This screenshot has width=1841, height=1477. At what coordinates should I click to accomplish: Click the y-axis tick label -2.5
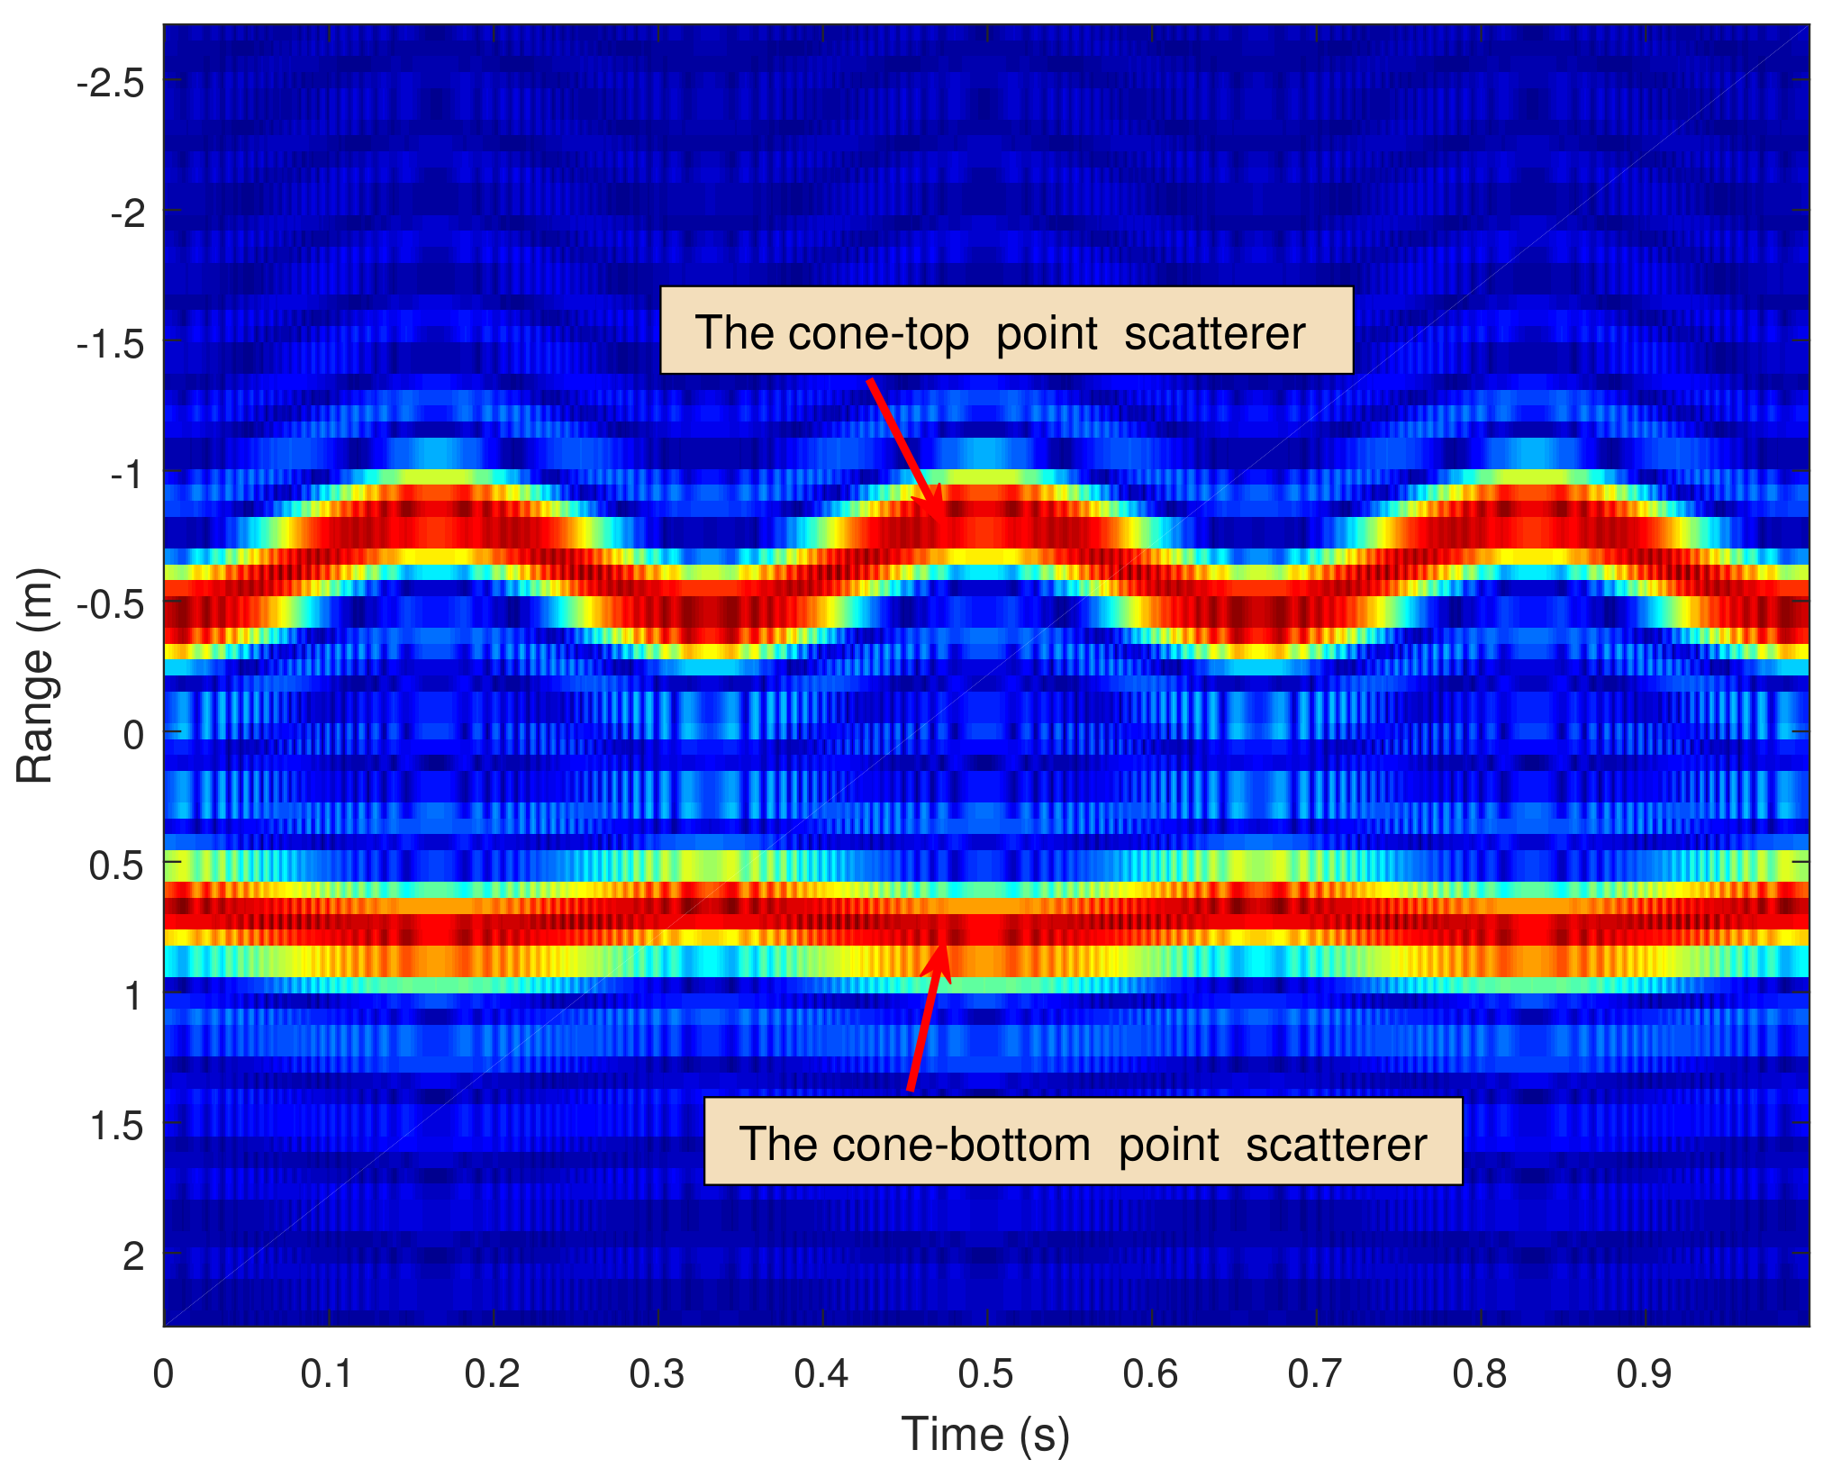point(110,84)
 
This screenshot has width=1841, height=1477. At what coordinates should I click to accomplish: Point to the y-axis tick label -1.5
point(110,344)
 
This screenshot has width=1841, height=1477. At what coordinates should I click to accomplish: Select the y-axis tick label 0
point(133,736)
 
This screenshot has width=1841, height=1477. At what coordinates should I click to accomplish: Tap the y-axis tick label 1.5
point(116,1126)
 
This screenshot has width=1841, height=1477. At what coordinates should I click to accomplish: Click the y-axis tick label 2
point(133,1255)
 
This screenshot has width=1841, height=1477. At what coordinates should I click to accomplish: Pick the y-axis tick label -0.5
point(110,605)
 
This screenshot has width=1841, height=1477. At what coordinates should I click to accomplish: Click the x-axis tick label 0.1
point(328,1374)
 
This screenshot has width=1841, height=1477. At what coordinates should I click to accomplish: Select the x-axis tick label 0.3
point(657,1374)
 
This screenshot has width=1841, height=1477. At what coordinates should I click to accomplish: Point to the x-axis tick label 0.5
point(986,1374)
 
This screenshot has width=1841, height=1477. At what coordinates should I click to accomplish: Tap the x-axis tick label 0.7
point(1315,1374)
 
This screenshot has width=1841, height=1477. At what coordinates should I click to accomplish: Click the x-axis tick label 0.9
point(1645,1374)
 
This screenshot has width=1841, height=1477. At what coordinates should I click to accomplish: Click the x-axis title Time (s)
point(985,1434)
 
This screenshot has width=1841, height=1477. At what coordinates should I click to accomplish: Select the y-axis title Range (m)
point(36,675)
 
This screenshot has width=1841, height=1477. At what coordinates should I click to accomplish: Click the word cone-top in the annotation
point(878,334)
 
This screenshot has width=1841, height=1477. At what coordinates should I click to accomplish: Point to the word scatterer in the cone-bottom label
point(1337,1145)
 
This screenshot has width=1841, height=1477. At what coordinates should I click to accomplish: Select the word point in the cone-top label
point(1047,334)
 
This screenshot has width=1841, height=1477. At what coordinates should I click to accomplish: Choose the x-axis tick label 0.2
point(493,1374)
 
